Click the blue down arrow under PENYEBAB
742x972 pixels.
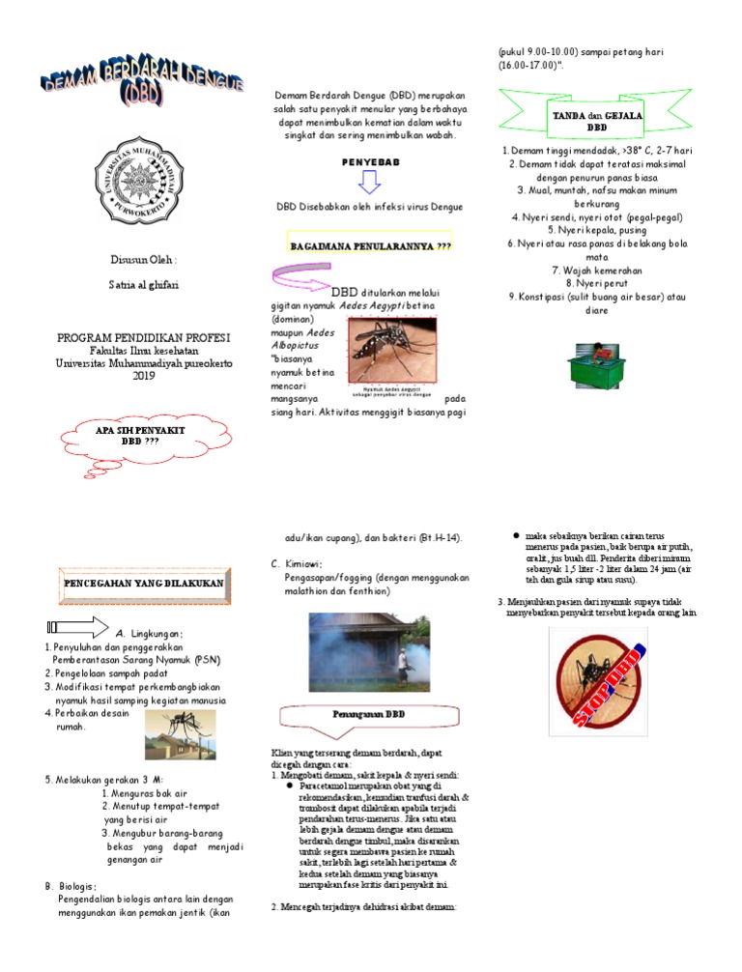[371, 183]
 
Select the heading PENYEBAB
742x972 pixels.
[371, 162]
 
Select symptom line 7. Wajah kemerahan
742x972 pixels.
[596, 270]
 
